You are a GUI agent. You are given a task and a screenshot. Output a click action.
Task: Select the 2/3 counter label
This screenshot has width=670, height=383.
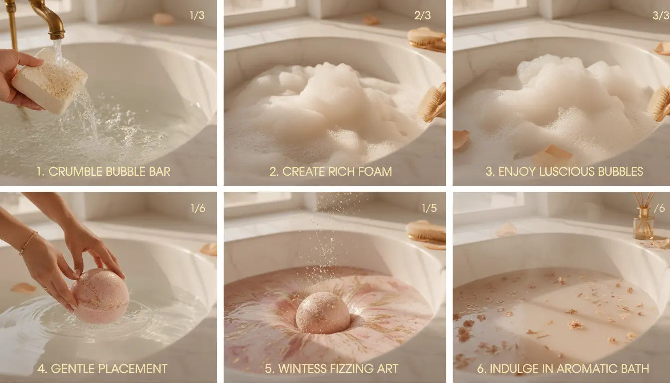422,15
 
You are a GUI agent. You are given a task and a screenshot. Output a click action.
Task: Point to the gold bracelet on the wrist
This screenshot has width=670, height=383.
27,243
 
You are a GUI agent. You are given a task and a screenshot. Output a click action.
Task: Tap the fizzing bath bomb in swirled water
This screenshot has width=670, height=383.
323,313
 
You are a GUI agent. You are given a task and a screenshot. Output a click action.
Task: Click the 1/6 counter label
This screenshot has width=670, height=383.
198,208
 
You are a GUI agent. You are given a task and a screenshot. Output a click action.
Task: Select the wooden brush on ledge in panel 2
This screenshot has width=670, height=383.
427,39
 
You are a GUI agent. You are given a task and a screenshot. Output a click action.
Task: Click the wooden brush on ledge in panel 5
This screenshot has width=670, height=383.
426,233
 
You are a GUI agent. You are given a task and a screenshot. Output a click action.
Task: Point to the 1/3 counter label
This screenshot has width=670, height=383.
197,15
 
